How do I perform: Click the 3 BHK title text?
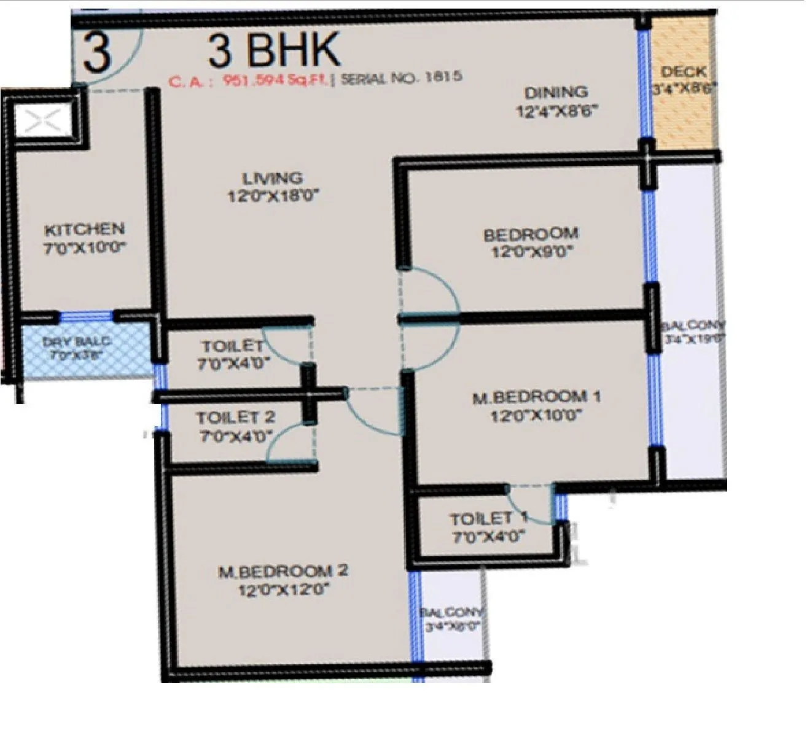click(274, 50)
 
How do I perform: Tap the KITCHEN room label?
click(85, 230)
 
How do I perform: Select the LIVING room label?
click(273, 179)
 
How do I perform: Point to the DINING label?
click(556, 93)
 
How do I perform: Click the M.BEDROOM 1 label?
click(536, 397)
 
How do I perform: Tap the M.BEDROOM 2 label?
click(283, 571)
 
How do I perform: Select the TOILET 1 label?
click(489, 519)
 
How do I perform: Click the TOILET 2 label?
click(235, 418)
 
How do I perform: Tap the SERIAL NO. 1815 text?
click(401, 78)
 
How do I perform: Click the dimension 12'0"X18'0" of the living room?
click(273, 197)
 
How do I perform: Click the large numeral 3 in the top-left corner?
click(97, 53)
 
